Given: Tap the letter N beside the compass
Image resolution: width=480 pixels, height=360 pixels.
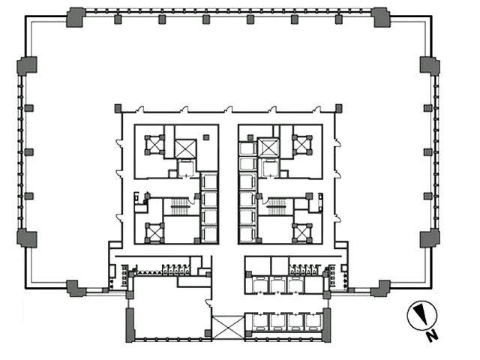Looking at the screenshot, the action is pos(432,336).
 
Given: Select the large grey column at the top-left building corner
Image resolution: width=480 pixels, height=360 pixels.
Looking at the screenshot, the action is pos(75,17).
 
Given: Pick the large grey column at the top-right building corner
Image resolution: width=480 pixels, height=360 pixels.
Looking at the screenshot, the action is pos(380,17).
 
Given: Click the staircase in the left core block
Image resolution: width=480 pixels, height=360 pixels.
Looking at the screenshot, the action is pos(180,207).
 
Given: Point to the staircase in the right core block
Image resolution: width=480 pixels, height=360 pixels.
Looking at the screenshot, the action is pos(277,207).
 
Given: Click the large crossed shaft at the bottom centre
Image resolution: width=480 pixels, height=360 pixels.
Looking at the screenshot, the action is pos(228,328).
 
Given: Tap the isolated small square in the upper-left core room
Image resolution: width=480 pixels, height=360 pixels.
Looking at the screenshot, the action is pos(206,137).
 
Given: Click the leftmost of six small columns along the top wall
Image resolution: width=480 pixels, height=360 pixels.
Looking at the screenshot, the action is pos(118,19).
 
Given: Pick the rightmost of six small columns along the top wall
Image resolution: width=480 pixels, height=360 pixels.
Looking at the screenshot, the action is pos(338,19).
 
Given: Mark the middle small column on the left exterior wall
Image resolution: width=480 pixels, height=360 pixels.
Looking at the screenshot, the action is pos(29,152).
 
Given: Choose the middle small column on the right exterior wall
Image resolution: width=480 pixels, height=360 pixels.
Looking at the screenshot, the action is pos(427,152).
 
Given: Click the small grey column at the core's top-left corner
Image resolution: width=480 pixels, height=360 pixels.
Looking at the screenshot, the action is pos(118,108).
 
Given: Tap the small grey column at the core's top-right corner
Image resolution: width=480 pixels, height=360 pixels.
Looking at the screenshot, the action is pos(338,108).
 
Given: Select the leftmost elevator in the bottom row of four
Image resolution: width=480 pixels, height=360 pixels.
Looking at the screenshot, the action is pos(260,322).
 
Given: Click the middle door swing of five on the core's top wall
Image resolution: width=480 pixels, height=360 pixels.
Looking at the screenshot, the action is pos(228,109).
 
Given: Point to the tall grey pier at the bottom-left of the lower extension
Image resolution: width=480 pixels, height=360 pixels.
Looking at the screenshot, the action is pos(130,325).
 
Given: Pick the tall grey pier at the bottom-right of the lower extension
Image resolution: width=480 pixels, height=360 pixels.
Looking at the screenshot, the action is pos(327,325).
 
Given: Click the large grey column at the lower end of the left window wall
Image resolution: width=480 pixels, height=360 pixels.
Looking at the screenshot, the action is pos(27,238).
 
